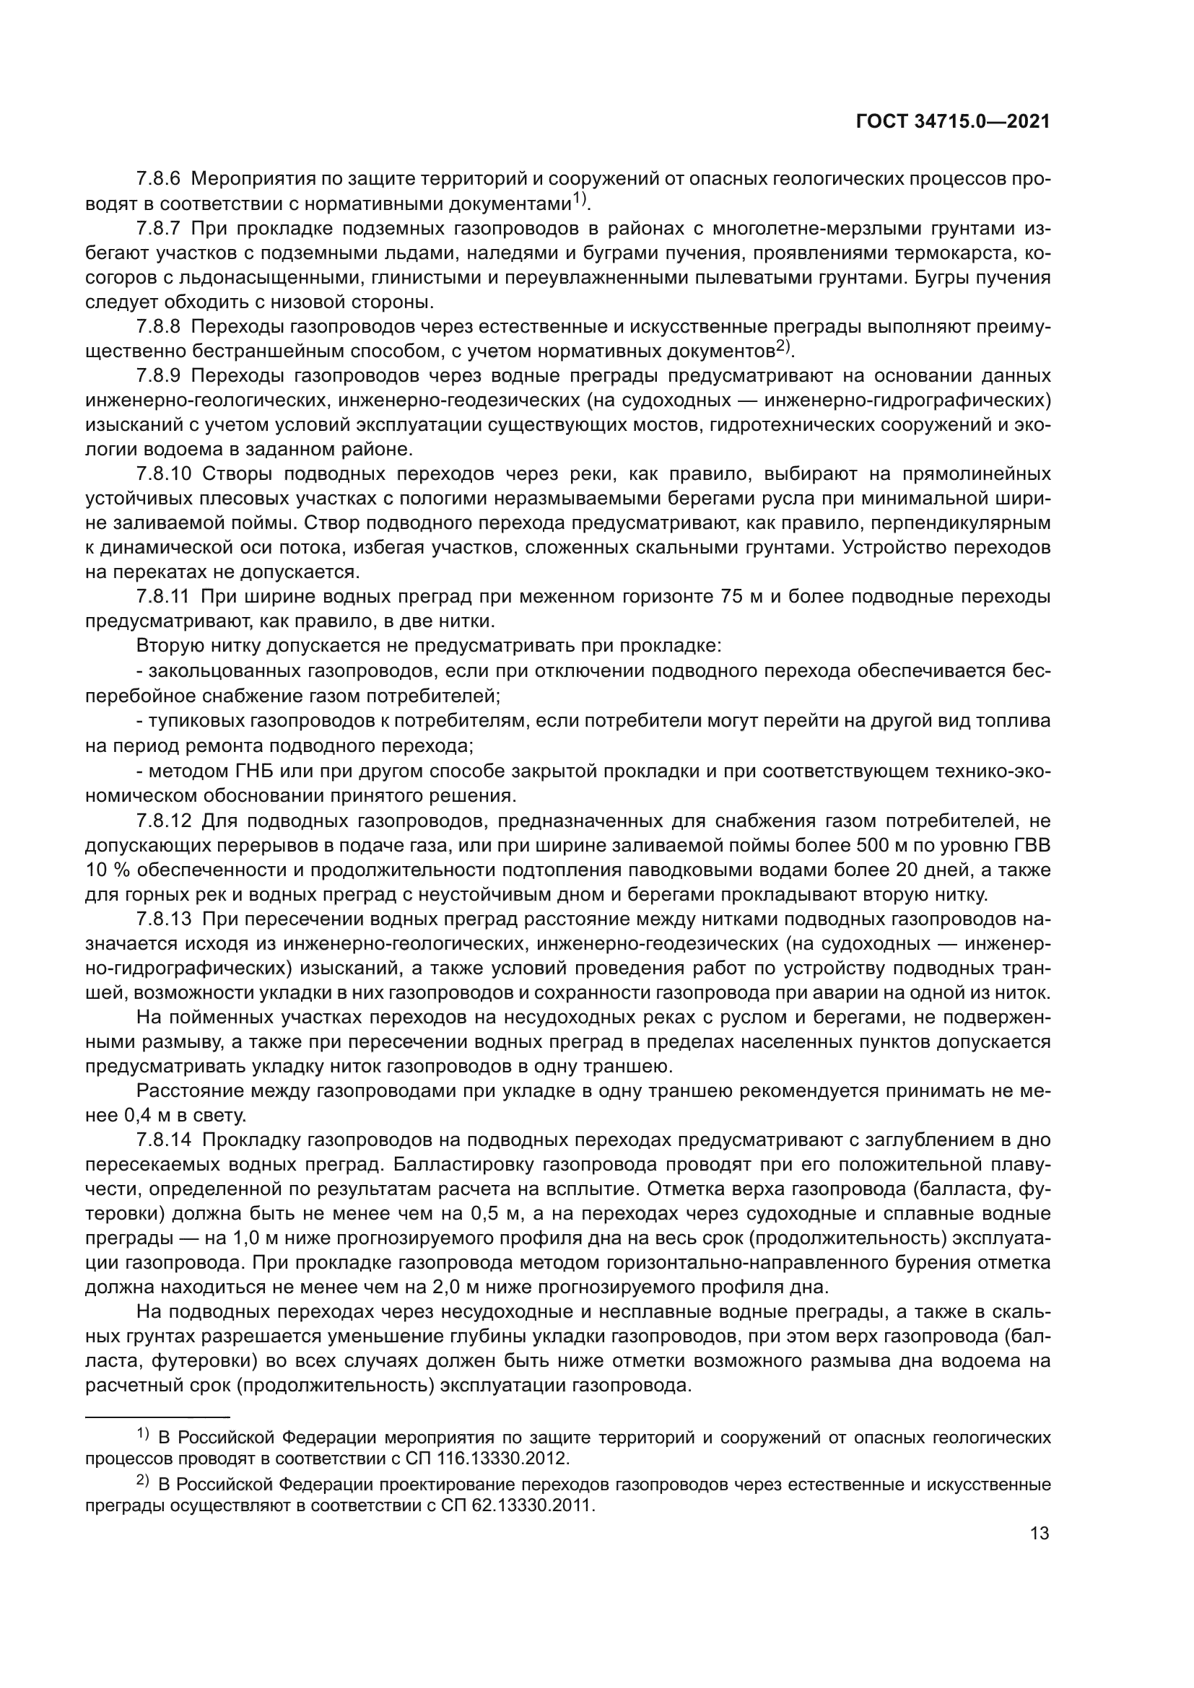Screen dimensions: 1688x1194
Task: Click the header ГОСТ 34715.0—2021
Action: pyautogui.click(x=953, y=122)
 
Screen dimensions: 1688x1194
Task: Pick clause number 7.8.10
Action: pyautogui.click(x=163, y=473)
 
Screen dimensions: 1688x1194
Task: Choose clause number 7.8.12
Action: pyautogui.click(x=163, y=821)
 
